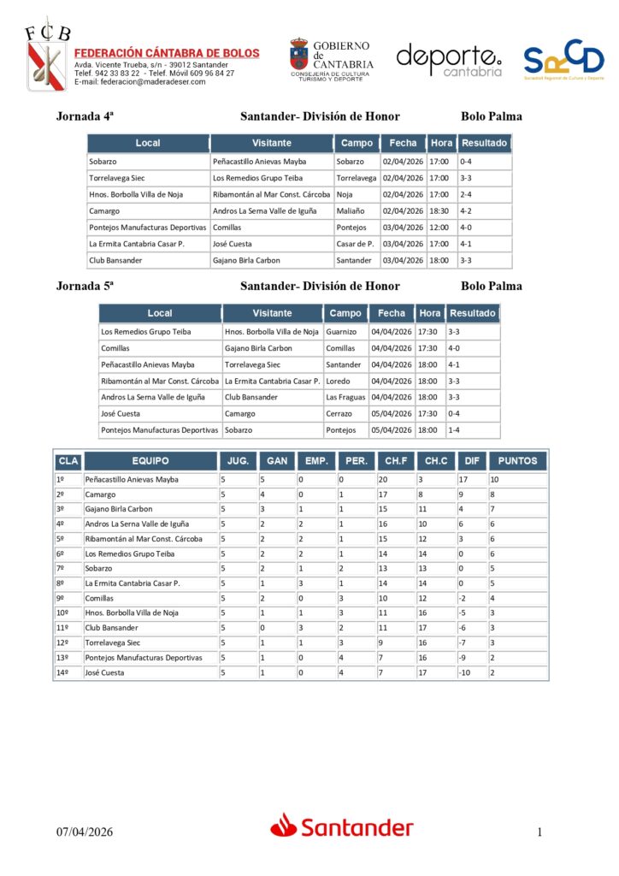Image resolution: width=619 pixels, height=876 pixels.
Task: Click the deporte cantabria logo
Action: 449,60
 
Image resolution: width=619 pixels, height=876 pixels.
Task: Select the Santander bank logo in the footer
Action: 342,827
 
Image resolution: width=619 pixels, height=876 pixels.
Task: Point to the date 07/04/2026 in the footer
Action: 85,832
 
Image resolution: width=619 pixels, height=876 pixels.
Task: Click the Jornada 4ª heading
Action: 85,116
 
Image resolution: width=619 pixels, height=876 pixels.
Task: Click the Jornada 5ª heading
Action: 85,286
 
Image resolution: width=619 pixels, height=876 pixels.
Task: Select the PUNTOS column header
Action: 517,460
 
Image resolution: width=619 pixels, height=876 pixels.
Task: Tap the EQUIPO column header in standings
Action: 150,460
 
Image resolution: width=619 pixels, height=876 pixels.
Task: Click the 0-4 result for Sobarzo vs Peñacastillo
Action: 466,162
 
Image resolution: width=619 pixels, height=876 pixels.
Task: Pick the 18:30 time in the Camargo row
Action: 439,210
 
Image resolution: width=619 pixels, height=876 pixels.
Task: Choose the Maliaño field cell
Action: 351,210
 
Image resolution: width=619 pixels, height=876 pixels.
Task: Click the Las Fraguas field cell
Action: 345,397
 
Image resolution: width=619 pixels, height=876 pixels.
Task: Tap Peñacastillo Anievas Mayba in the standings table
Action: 132,479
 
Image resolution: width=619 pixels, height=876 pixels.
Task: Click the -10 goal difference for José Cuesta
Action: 465,672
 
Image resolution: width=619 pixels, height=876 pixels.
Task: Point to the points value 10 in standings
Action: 494,479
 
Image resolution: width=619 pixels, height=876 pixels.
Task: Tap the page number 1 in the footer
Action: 539,832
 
